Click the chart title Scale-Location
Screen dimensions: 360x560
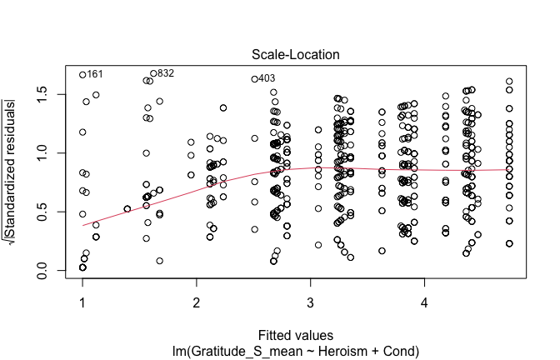291,55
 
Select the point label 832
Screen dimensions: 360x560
166,72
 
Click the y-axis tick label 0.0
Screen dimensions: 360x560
41,271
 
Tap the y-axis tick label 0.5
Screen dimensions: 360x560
41,212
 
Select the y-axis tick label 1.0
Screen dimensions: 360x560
41,153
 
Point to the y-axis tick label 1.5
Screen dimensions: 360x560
41,95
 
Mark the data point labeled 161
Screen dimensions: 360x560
82,74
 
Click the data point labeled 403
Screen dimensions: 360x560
254,79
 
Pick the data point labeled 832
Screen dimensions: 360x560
153,73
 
